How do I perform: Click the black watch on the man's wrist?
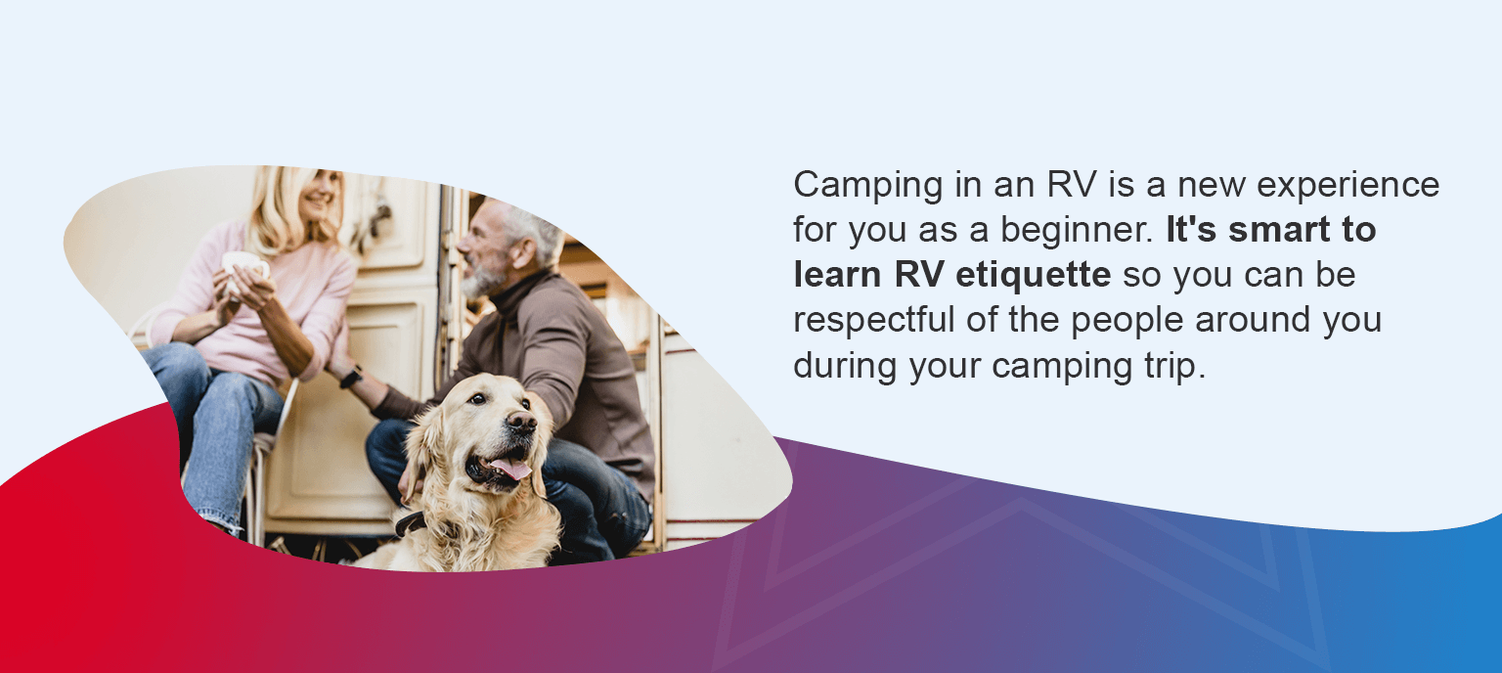(x=351, y=377)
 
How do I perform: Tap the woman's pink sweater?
(x=293, y=293)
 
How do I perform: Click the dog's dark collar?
(x=412, y=522)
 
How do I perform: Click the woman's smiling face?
(x=319, y=196)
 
